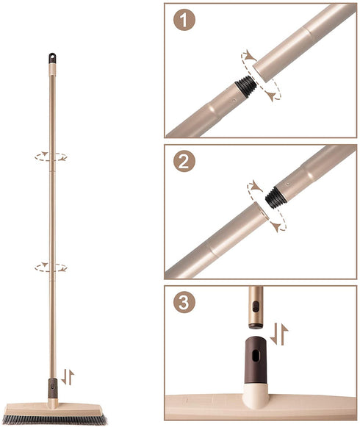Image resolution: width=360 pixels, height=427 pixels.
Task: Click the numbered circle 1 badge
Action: click(x=184, y=20)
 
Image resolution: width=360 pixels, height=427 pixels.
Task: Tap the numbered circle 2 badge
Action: click(x=184, y=161)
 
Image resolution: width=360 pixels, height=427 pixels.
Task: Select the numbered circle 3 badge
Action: click(x=184, y=302)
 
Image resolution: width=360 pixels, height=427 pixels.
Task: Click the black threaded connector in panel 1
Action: click(x=246, y=86)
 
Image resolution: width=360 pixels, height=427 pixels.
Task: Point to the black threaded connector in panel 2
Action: click(x=276, y=198)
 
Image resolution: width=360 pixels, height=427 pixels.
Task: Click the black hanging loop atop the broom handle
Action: click(x=52, y=58)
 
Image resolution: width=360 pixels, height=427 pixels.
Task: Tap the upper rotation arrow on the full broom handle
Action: click(x=51, y=157)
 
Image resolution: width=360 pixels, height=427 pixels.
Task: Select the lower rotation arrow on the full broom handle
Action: click(x=51, y=267)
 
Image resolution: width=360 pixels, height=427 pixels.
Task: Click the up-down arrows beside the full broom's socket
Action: click(x=68, y=377)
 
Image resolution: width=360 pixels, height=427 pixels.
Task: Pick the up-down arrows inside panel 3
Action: click(x=279, y=334)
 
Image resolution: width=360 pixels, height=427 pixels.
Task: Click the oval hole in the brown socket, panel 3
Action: click(x=256, y=356)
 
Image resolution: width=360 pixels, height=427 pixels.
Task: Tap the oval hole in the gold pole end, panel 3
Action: click(x=256, y=306)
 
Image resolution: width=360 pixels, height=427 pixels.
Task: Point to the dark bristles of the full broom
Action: click(x=55, y=420)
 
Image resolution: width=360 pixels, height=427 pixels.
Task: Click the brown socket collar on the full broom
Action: click(x=53, y=388)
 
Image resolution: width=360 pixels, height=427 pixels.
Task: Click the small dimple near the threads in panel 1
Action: click(x=234, y=100)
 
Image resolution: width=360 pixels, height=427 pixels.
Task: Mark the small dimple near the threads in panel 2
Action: click(x=288, y=184)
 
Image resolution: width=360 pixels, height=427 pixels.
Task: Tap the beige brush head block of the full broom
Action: click(x=54, y=409)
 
